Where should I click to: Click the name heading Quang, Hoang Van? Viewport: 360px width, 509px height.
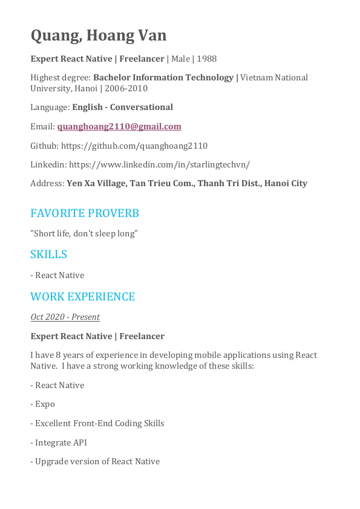[99, 36]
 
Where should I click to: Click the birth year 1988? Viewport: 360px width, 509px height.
[206, 59]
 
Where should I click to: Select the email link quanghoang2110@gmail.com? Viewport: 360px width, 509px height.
[119, 126]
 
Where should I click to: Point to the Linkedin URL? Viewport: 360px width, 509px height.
[159, 164]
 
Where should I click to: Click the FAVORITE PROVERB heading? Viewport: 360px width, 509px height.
[85, 213]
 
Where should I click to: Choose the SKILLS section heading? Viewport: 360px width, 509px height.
[48, 254]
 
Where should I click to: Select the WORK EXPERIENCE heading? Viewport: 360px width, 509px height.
[83, 297]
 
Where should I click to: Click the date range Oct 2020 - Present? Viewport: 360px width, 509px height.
[65, 317]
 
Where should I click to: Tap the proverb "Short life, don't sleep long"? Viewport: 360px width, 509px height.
[84, 233]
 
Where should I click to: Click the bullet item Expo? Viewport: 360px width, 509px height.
[45, 404]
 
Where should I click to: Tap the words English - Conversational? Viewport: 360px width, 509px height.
[123, 107]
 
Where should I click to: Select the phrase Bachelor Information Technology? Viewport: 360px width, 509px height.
[163, 77]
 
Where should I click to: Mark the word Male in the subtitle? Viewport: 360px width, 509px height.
[180, 59]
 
